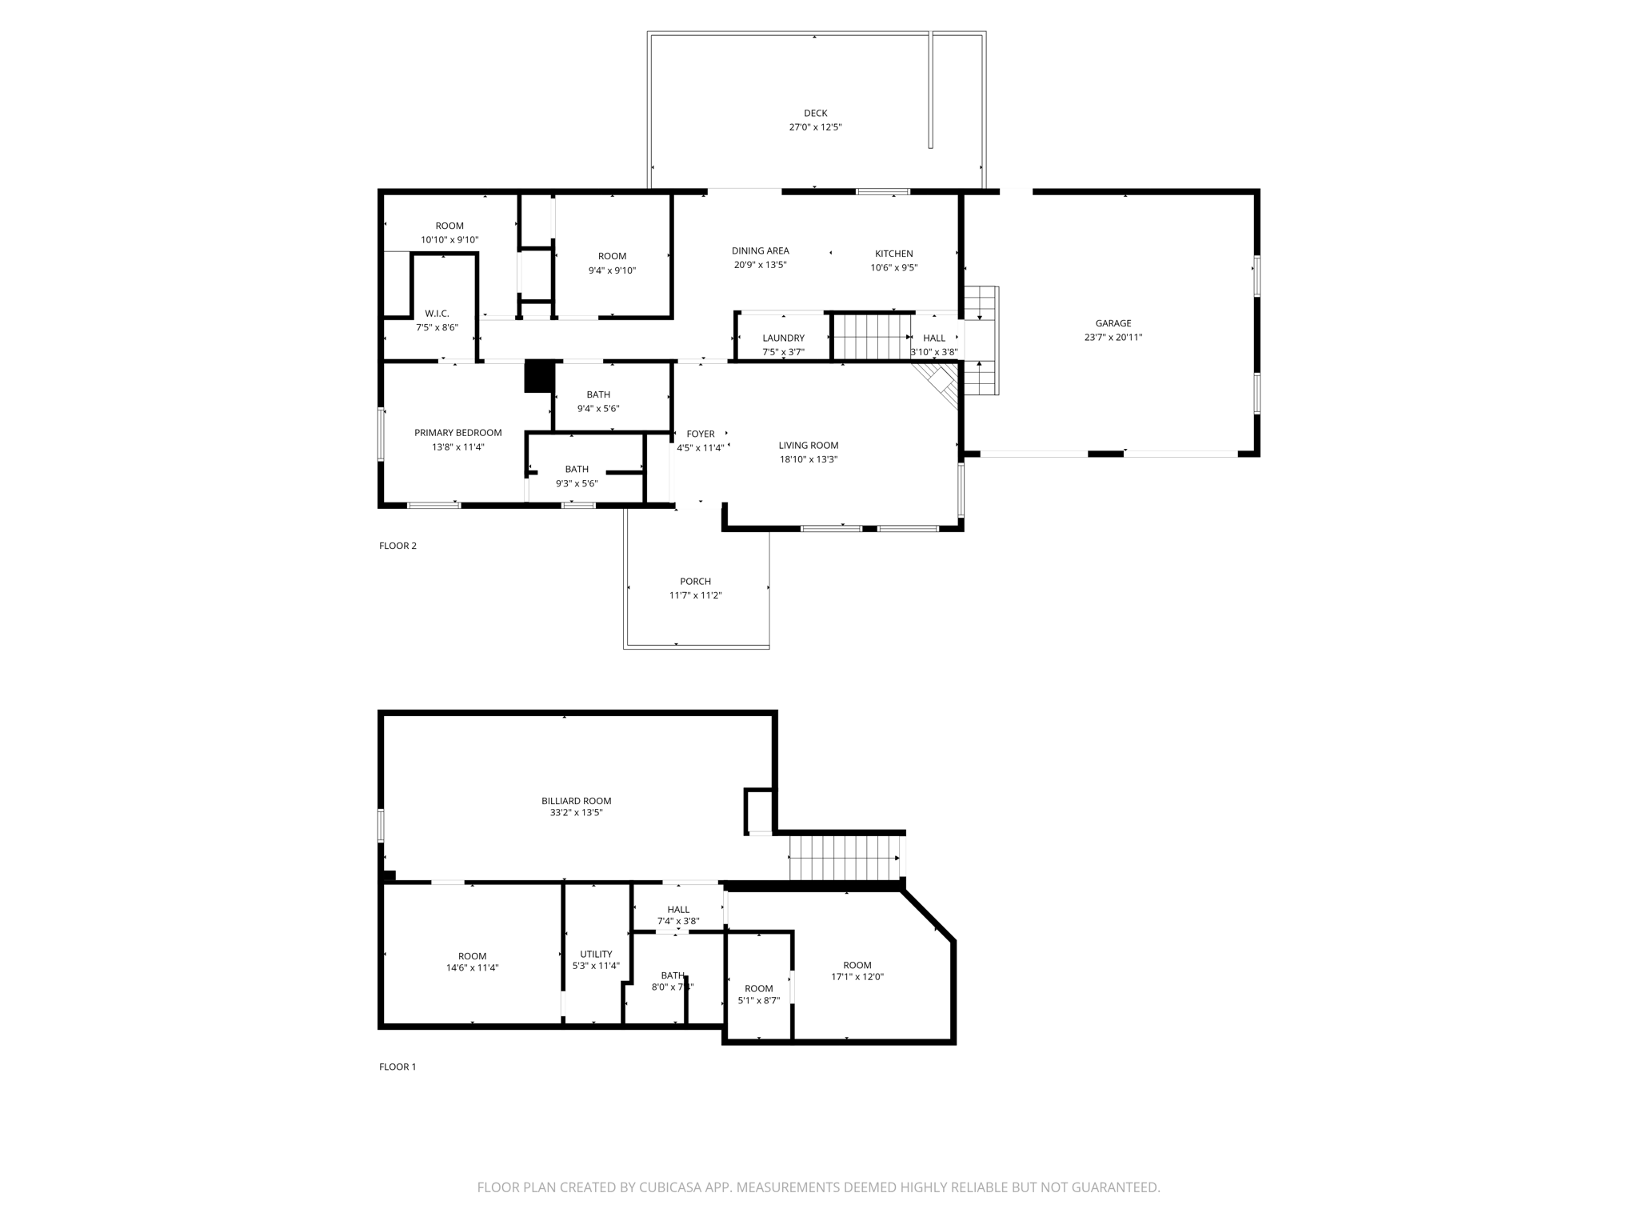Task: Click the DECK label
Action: [x=815, y=114]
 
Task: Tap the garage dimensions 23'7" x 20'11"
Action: [x=1113, y=338]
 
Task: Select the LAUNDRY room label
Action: [x=783, y=338]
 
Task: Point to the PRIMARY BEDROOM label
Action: [x=457, y=433]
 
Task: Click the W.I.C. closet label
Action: [x=437, y=314]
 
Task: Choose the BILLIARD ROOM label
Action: [x=576, y=801]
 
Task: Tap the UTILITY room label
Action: [x=596, y=954]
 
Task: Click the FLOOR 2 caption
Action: [x=398, y=546]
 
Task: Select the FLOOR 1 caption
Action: [x=398, y=1067]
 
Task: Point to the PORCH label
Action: [x=695, y=582]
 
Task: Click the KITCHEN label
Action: [x=893, y=254]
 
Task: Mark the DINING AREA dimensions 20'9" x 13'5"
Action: [x=760, y=265]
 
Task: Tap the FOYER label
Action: [x=701, y=434]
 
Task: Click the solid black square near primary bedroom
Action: [x=539, y=377]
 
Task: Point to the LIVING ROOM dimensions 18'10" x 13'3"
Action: [x=808, y=459]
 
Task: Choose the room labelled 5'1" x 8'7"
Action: [x=758, y=994]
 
